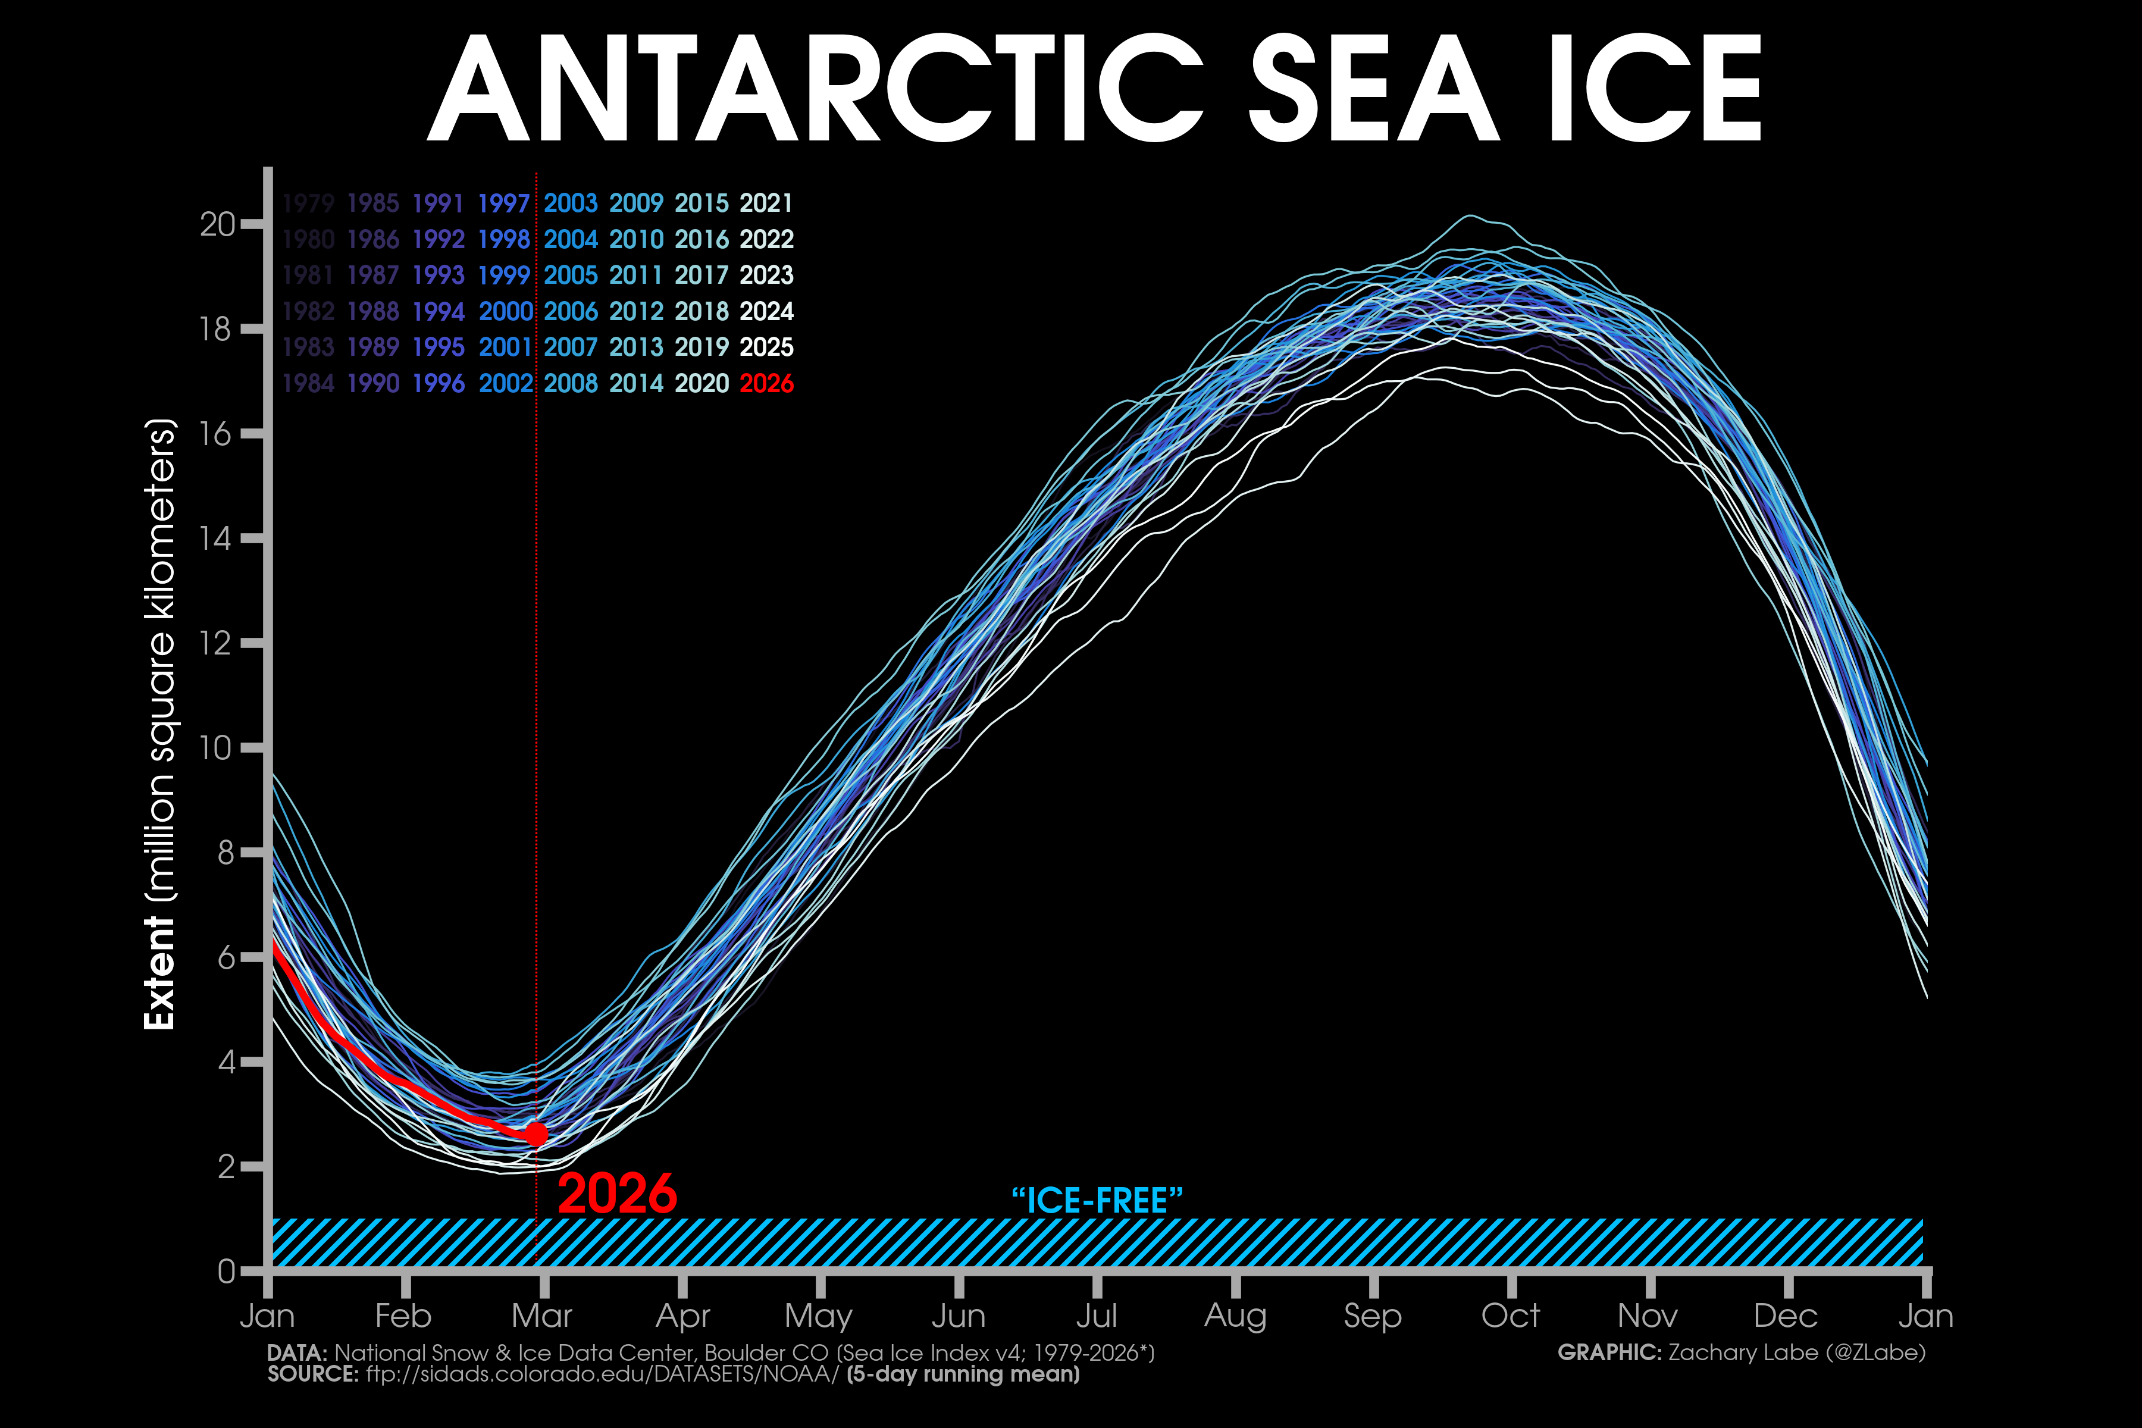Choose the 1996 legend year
(x=439, y=383)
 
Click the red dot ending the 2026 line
(x=537, y=1134)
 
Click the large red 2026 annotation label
(x=618, y=1194)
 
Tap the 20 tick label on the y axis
(x=218, y=224)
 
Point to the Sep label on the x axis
(x=1373, y=1316)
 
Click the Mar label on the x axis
(x=542, y=1316)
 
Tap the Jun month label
(x=958, y=1316)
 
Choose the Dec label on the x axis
(x=1786, y=1316)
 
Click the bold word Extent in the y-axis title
(x=159, y=973)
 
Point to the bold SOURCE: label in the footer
(x=312, y=1373)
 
